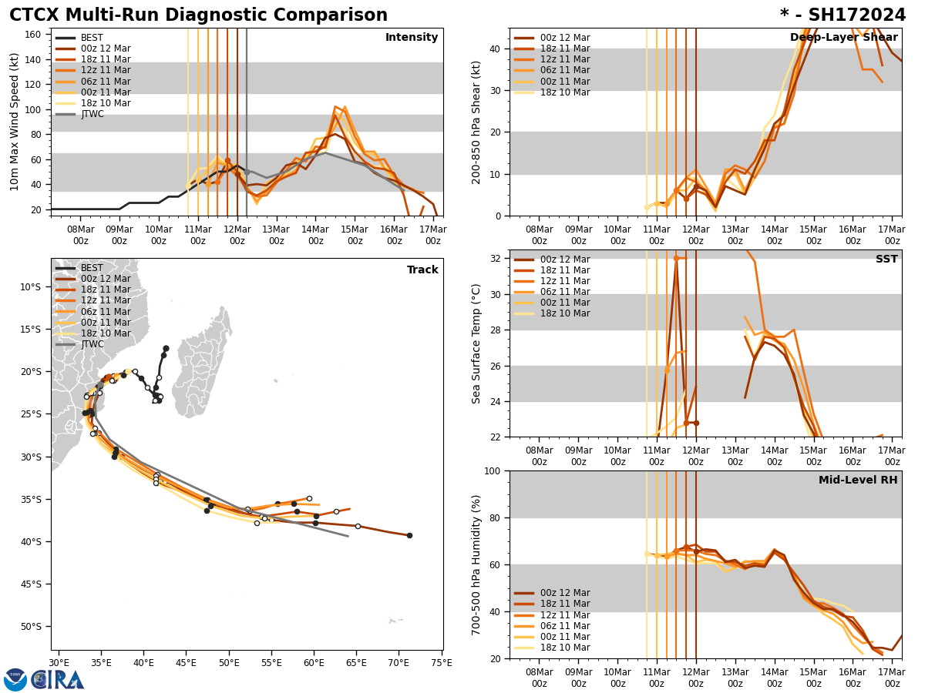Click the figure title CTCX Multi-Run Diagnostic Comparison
pos(198,15)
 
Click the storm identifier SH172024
pos(843,15)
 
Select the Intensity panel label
pos(412,38)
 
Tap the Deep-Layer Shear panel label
pos(843,38)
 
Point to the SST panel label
pos(886,259)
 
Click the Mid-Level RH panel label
pos(858,480)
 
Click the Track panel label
pos(422,270)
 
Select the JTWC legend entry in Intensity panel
pos(92,114)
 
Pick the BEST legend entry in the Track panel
pos(92,268)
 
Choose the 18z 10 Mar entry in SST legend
pos(565,313)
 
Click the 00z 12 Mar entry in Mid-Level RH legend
pos(565,593)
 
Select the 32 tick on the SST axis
pos(496,259)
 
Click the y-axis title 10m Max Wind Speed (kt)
pos(15,122)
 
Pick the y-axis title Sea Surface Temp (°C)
pos(476,343)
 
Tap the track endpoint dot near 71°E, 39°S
pos(409,535)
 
